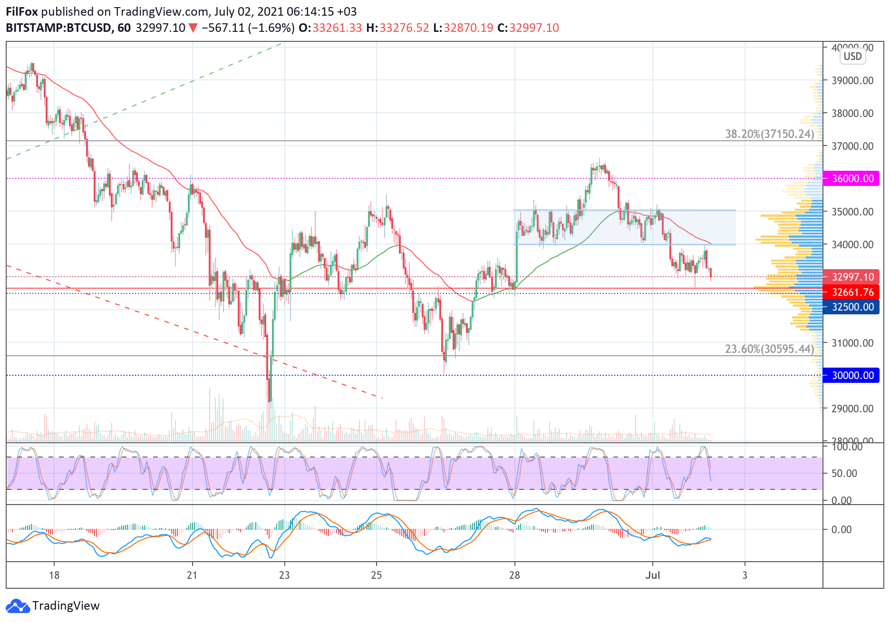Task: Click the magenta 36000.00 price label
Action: [x=852, y=179]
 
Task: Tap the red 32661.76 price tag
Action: [x=852, y=292]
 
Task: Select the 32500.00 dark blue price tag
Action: [x=852, y=307]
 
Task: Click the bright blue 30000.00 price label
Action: [x=852, y=376]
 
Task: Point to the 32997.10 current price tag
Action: [x=852, y=277]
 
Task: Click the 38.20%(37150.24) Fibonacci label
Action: [x=769, y=135]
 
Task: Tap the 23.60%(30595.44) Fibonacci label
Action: [x=769, y=350]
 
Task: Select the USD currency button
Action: [x=852, y=57]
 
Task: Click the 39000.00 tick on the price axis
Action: [x=852, y=81]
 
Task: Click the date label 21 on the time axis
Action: [x=192, y=575]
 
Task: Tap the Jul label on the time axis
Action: [x=653, y=575]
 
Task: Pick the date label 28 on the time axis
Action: [x=514, y=575]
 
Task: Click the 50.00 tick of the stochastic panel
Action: [x=844, y=474]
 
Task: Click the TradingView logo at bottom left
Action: [x=53, y=606]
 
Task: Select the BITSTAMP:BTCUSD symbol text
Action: [x=58, y=28]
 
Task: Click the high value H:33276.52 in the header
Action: [x=397, y=28]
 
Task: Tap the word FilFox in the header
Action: [x=22, y=12]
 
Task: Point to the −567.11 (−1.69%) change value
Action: [x=248, y=28]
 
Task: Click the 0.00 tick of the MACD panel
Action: [x=841, y=530]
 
